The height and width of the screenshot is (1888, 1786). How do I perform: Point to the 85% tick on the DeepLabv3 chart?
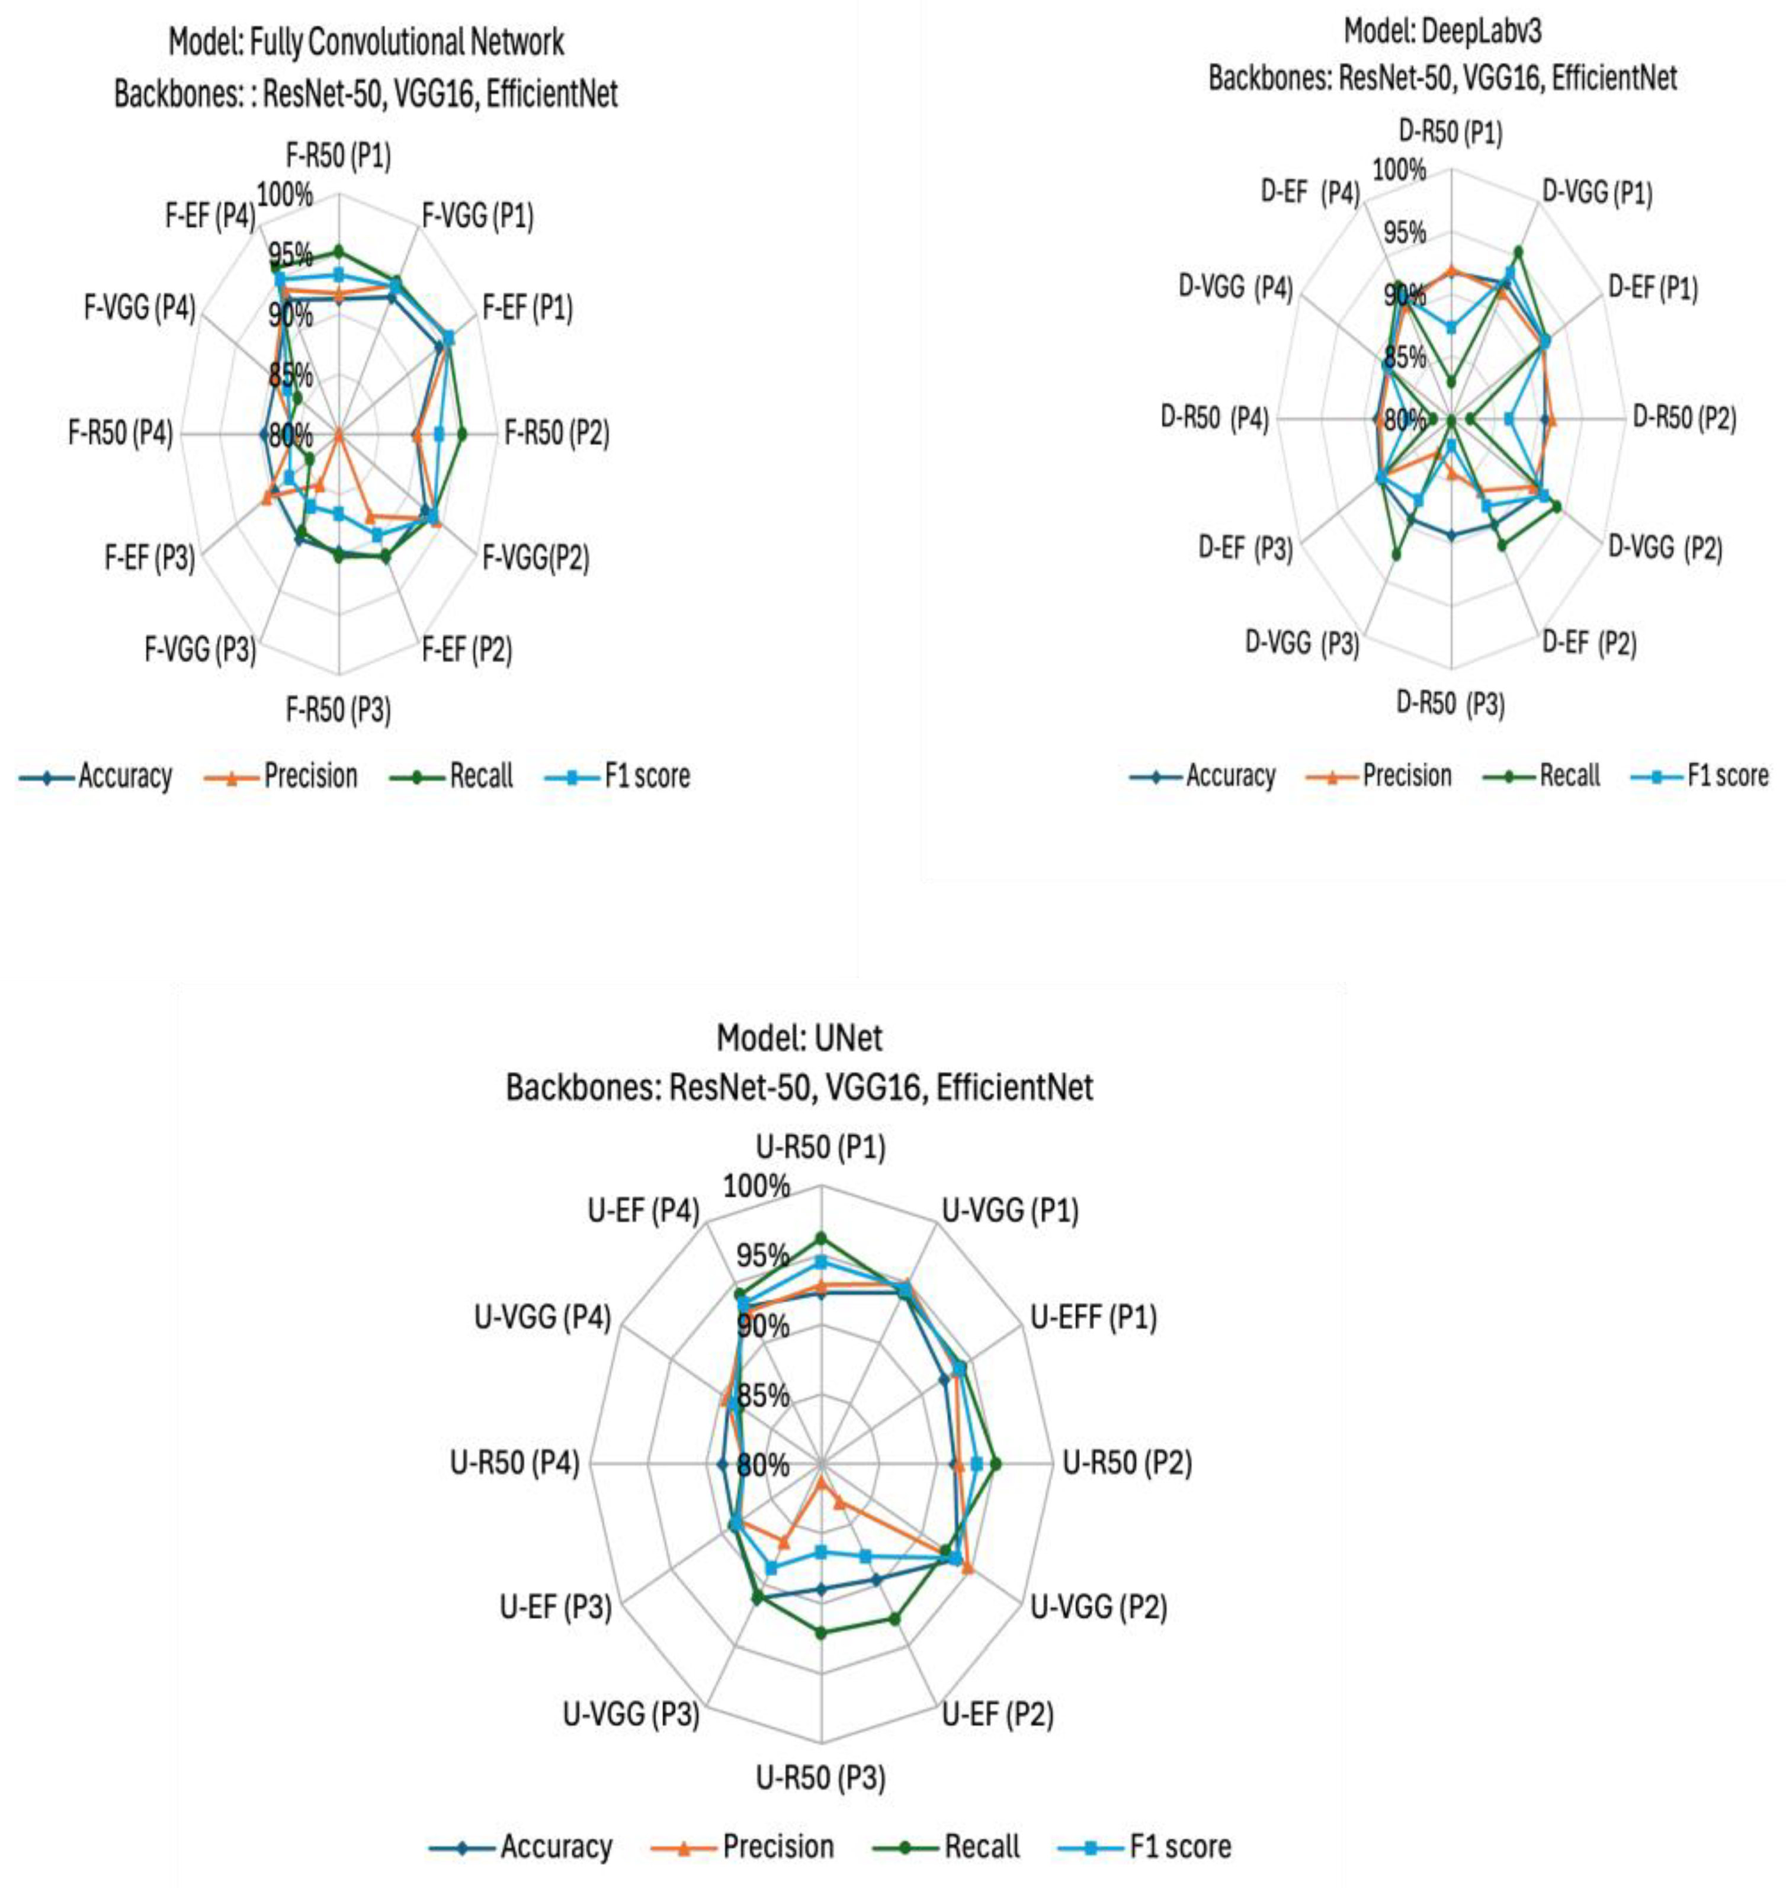click(1405, 357)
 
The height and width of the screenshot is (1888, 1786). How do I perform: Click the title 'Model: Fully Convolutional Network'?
click(367, 42)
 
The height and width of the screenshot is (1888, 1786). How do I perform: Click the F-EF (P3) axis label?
click(149, 558)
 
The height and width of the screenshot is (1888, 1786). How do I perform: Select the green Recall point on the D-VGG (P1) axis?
click(1518, 251)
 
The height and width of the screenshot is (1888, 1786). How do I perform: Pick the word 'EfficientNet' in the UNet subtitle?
click(1014, 1087)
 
